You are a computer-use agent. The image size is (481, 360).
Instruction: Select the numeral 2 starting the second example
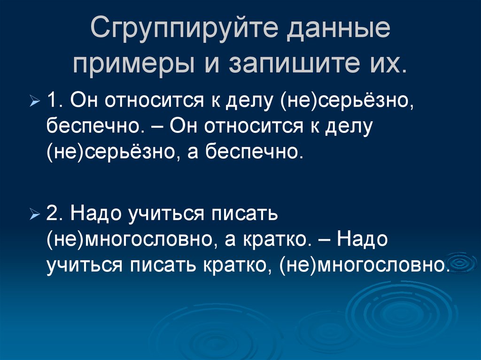[x=53, y=215]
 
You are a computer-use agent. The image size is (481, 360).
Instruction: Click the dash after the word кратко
[x=323, y=240]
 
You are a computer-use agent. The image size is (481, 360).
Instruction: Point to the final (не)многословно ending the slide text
[x=362, y=266]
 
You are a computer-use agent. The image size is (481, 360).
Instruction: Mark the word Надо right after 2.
[x=95, y=215]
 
